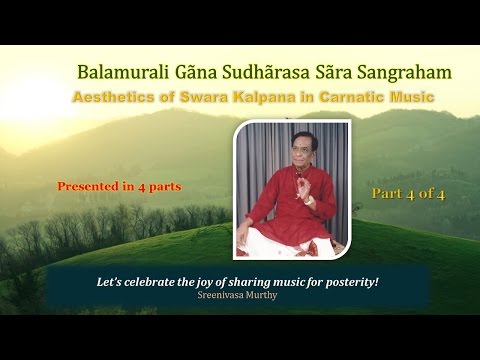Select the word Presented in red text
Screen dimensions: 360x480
point(88,186)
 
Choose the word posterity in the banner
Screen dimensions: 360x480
point(350,281)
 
